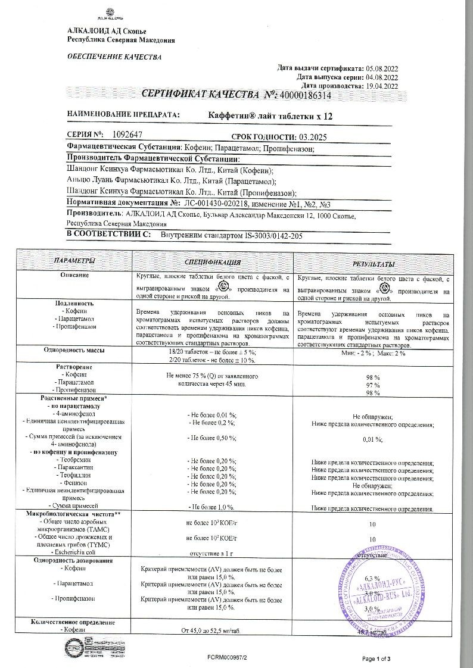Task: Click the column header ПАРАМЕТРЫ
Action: tap(74, 262)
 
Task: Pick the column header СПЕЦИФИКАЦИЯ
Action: tap(212, 262)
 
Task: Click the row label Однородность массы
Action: tap(74, 351)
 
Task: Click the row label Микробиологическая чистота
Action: tap(73, 513)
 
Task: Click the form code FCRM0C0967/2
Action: tap(228, 658)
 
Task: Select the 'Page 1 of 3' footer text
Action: tap(376, 658)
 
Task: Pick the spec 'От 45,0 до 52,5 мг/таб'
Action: tap(212, 630)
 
